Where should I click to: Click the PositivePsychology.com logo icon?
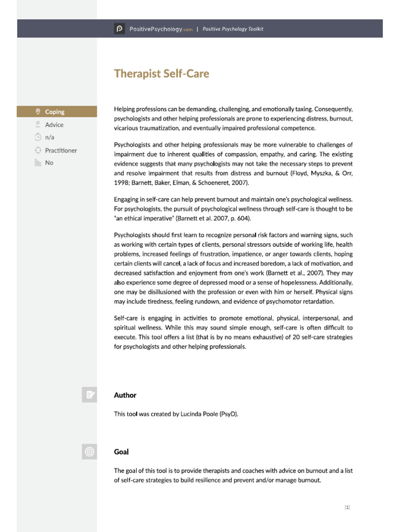119,29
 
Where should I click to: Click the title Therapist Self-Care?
162,74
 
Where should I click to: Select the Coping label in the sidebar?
55,112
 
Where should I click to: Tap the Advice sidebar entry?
54,125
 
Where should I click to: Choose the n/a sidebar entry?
50,137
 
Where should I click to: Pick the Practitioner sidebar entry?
61,150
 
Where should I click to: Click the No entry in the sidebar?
49,163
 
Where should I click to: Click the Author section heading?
125,395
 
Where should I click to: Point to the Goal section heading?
121,452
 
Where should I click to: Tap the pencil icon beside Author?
89,395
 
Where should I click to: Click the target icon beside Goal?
89,452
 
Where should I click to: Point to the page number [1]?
347,507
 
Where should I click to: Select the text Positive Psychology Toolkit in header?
233,29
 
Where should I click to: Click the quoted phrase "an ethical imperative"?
146,218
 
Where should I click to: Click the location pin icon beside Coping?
37,112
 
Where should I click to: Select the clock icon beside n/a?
37,137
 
